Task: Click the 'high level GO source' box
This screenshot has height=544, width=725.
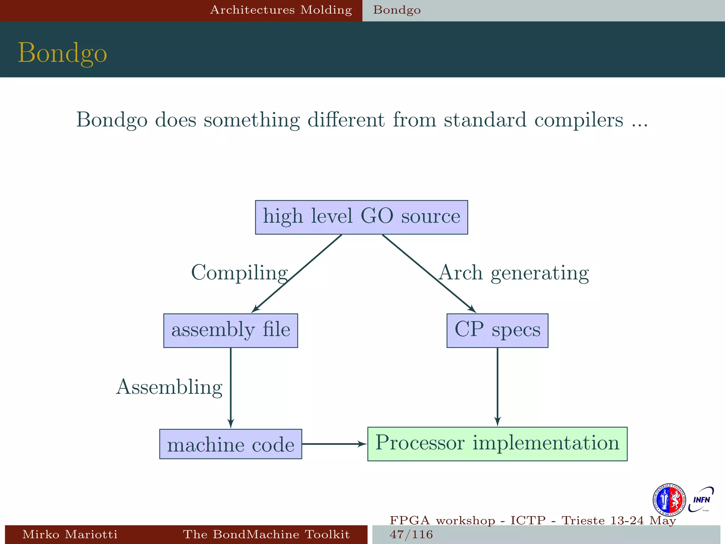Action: [361, 217]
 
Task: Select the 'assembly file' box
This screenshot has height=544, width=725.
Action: [230, 330]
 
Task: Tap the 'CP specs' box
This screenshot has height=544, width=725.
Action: [497, 330]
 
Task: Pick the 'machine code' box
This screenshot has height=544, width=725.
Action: [230, 444]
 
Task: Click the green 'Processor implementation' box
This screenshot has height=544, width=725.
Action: [497, 444]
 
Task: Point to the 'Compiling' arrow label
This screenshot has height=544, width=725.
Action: [239, 273]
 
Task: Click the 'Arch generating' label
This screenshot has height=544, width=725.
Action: [514, 273]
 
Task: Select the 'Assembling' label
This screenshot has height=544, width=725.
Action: [169, 387]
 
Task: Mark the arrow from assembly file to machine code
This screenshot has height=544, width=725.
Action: [231, 388]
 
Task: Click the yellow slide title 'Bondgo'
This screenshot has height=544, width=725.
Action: [62, 53]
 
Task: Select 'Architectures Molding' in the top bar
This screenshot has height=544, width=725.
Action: [281, 10]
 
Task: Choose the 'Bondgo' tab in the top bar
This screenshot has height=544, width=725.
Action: [397, 10]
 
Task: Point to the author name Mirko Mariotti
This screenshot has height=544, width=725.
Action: [70, 534]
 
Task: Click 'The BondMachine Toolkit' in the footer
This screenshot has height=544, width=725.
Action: [266, 534]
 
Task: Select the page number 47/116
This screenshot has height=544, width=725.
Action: [411, 534]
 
